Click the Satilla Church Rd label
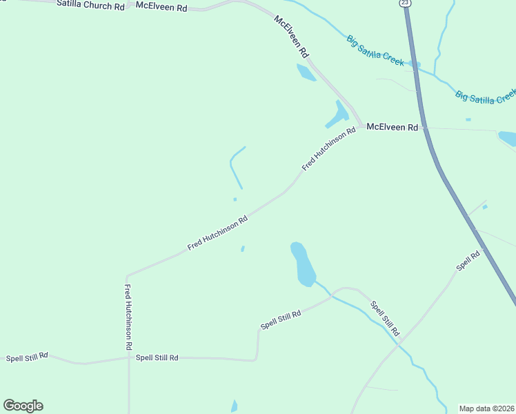pyautogui.click(x=91, y=6)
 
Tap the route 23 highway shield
pyautogui.click(x=406, y=3)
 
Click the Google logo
pyautogui.click(x=23, y=406)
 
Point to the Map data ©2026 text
pyautogui.click(x=486, y=408)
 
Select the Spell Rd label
pyautogui.click(x=468, y=261)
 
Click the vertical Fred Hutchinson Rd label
pyautogui.click(x=128, y=317)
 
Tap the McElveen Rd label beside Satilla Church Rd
pyautogui.click(x=161, y=7)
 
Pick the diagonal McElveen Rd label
pyautogui.click(x=292, y=36)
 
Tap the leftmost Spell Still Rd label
pyautogui.click(x=27, y=357)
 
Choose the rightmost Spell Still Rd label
pyautogui.click(x=385, y=318)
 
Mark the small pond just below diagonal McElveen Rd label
pyautogui.click(x=306, y=72)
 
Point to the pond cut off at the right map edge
pyautogui.click(x=508, y=138)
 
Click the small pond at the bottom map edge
pyautogui.click(x=235, y=406)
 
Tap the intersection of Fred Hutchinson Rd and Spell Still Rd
pyautogui.click(x=128, y=357)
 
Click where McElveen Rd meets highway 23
pyautogui.click(x=423, y=128)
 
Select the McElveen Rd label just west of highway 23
pyautogui.click(x=392, y=128)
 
